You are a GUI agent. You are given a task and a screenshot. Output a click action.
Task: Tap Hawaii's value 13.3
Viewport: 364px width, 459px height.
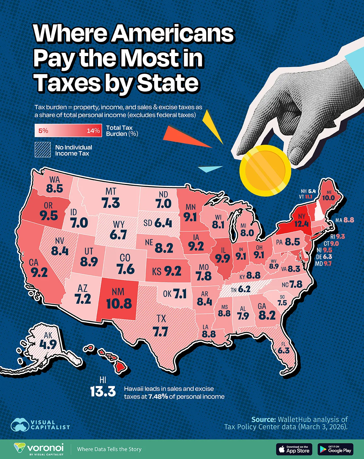click(103, 391)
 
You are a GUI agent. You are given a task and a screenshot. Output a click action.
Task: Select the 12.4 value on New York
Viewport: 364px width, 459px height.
click(301, 224)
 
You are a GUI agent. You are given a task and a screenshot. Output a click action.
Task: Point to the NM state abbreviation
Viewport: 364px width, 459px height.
click(118, 292)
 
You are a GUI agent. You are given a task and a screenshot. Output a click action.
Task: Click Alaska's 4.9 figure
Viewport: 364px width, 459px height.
click(48, 344)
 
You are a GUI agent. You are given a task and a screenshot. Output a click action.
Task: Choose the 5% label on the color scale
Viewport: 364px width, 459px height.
click(43, 131)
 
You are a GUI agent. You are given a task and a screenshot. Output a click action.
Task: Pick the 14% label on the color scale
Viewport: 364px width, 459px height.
click(93, 131)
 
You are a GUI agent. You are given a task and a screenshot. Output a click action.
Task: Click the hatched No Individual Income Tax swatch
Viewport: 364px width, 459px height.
click(42, 150)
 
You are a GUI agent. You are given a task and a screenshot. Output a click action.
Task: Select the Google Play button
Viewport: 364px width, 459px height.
click(336, 449)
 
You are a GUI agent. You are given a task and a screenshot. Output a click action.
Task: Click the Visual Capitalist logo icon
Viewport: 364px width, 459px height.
click(20, 425)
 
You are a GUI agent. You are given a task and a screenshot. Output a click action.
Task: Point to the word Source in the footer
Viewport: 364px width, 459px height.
click(263, 419)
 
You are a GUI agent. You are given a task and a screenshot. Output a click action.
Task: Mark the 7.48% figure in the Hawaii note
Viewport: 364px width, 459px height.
click(158, 397)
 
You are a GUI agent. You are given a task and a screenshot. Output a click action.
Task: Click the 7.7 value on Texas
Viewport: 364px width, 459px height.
click(160, 332)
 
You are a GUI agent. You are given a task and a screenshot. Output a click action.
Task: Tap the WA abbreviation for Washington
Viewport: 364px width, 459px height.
click(55, 180)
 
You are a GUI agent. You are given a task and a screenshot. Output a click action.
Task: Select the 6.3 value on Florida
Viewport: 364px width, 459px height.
click(284, 350)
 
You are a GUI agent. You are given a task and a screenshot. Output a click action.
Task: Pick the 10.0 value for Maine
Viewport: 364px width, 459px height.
click(328, 198)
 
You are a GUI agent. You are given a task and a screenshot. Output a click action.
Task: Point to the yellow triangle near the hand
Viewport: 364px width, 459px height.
click(212, 124)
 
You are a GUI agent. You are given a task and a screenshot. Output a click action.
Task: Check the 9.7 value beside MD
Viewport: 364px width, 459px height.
click(328, 263)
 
